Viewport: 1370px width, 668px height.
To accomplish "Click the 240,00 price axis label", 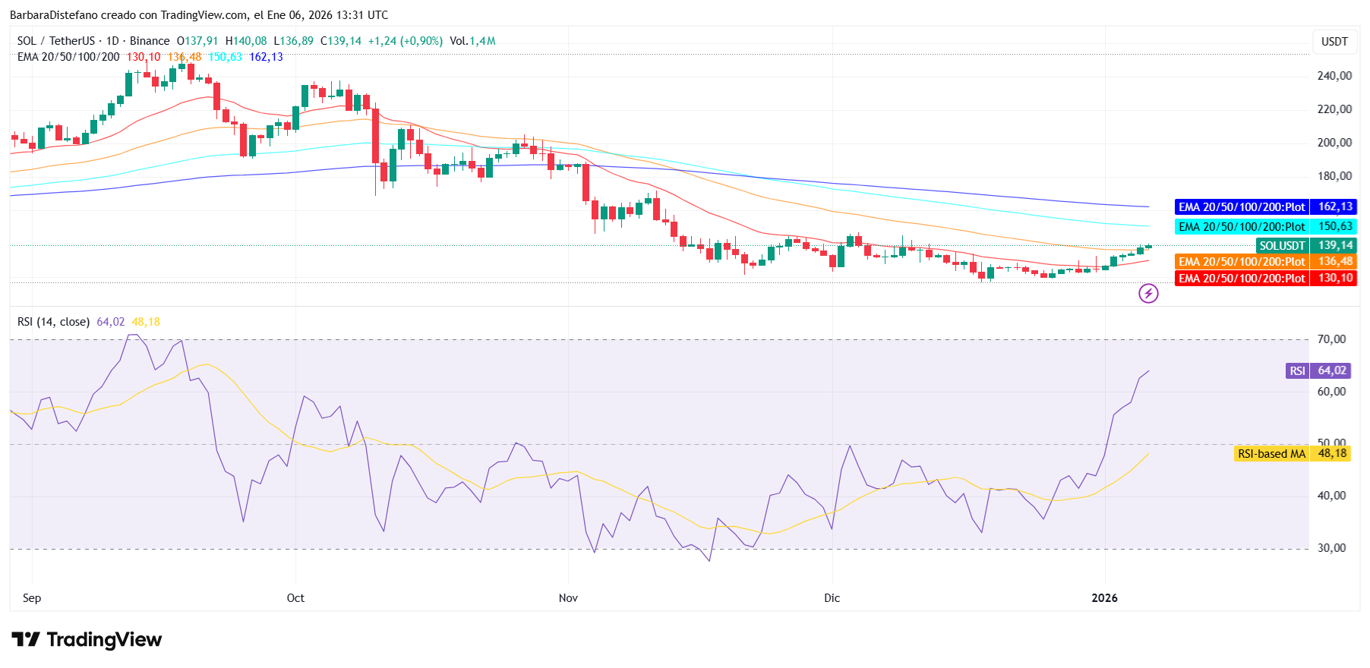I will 1334,76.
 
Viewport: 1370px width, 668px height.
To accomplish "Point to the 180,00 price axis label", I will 1334,176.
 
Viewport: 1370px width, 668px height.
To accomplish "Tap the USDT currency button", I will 1334,42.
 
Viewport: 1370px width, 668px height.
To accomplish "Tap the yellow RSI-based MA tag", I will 1293,454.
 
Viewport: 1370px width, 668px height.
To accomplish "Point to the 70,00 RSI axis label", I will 1331,339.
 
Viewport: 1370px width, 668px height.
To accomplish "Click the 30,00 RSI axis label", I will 1331,548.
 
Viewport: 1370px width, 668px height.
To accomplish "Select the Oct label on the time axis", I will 295,598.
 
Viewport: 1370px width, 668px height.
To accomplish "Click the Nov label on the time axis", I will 568,598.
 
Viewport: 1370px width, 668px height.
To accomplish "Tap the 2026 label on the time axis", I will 1104,598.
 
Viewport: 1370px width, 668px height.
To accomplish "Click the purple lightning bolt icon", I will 1148,293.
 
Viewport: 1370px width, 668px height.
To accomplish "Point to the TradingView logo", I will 87,640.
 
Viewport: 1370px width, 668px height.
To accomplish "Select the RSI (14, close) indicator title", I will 53,322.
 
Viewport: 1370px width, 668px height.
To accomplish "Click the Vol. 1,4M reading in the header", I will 472,41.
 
